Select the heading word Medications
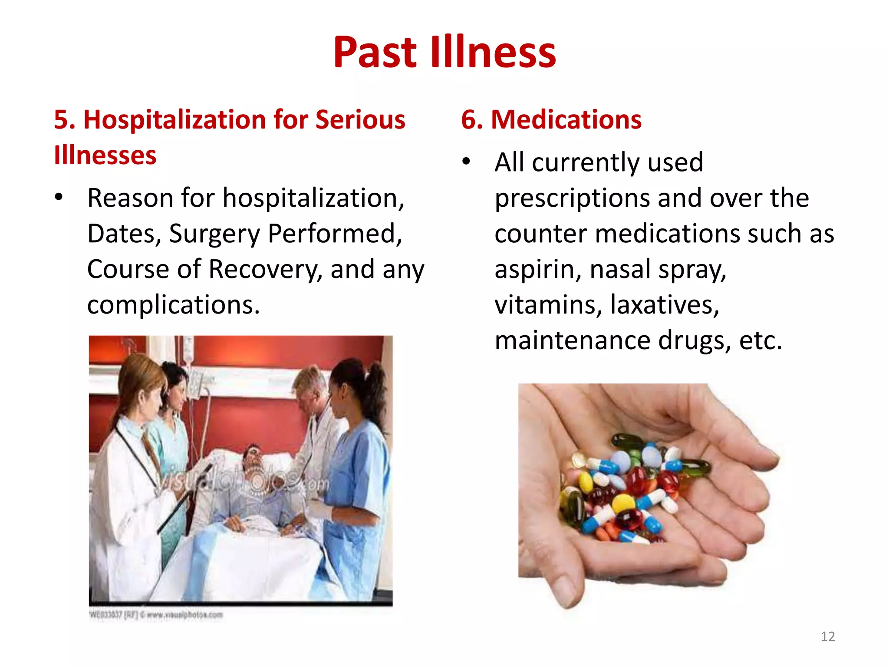tap(566, 119)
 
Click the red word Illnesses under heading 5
tap(105, 155)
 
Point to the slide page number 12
tap(827, 637)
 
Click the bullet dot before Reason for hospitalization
tap(59, 198)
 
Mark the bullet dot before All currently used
tap(466, 162)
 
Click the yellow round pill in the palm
tap(624, 503)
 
